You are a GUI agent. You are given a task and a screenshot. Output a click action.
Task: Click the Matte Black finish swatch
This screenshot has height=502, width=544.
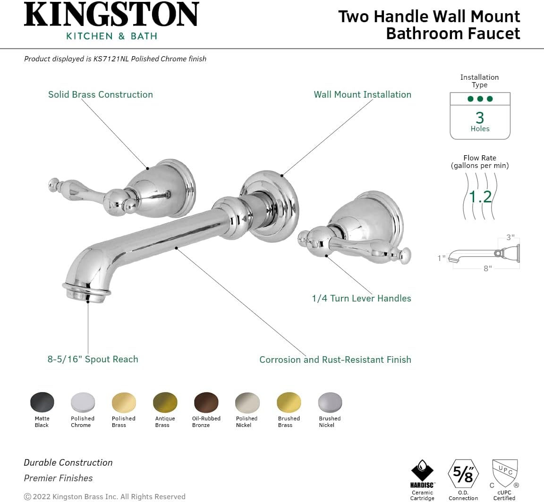[x=42, y=402]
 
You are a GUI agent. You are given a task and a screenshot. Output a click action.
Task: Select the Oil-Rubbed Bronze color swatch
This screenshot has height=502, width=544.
[x=206, y=402]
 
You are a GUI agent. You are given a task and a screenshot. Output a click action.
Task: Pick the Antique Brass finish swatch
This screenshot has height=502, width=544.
[x=165, y=402]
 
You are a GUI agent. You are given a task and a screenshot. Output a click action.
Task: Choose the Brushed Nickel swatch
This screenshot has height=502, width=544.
[x=330, y=402]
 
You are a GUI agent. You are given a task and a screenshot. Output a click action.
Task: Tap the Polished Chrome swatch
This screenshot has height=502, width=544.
[x=83, y=402]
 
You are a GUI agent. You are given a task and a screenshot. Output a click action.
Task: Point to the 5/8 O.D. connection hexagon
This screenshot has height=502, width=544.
[x=463, y=474]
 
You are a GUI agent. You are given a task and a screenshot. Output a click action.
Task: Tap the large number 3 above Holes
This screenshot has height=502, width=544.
[x=480, y=118]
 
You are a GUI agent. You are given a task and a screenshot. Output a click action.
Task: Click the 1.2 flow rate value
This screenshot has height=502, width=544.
[x=480, y=197]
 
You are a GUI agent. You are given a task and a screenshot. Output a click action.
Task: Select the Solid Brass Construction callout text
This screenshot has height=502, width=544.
[x=100, y=95]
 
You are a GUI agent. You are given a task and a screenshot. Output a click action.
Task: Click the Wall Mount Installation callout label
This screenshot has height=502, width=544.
[x=363, y=95]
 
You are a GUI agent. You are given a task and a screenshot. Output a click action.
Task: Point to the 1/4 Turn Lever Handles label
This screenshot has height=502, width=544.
[x=362, y=299]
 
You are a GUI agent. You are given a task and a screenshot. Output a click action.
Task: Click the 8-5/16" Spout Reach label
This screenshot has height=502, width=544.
[x=93, y=359]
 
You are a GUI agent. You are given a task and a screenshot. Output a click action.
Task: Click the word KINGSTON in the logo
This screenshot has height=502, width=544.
[x=111, y=14]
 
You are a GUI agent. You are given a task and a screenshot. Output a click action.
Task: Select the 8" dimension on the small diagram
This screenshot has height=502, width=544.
[x=488, y=268]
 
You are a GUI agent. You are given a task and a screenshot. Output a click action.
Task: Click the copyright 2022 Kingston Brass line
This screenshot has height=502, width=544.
[x=104, y=496]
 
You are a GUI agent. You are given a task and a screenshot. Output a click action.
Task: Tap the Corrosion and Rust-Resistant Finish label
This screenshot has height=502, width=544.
[x=335, y=360]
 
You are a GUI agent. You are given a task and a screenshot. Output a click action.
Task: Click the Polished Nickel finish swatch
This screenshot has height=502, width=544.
[x=247, y=402]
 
